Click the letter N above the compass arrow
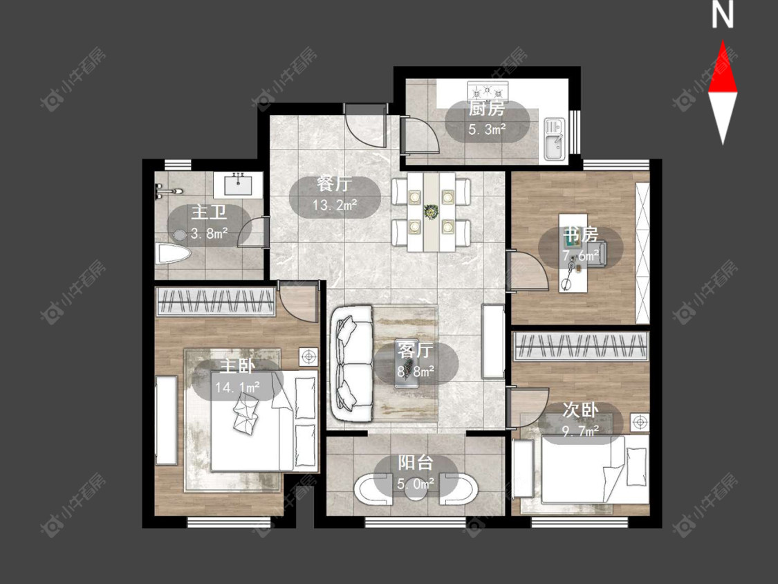pos(723,15)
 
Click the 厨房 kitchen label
pos(487,108)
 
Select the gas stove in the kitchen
pos(488,91)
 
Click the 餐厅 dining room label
pos(335,184)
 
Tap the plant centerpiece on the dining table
pos(430,212)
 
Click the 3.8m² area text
pos(209,233)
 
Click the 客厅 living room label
pos(415,351)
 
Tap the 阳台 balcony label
pos(416,462)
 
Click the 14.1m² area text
pos(238,387)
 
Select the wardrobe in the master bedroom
pos(216,301)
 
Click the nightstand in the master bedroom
pos(308,356)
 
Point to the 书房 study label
pos(580,235)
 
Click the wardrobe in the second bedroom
pos(581,346)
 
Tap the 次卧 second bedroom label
pos(580,410)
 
